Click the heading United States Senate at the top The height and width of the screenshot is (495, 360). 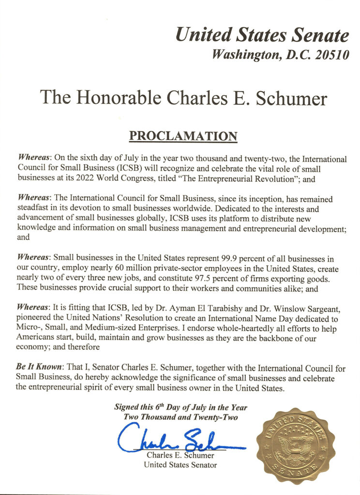[x=262, y=35]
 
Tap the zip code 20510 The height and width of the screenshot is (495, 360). [x=331, y=55]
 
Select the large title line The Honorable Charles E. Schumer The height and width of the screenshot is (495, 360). [x=183, y=98]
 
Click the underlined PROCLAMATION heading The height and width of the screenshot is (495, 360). [x=183, y=136]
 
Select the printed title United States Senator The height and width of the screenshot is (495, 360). [x=180, y=465]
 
